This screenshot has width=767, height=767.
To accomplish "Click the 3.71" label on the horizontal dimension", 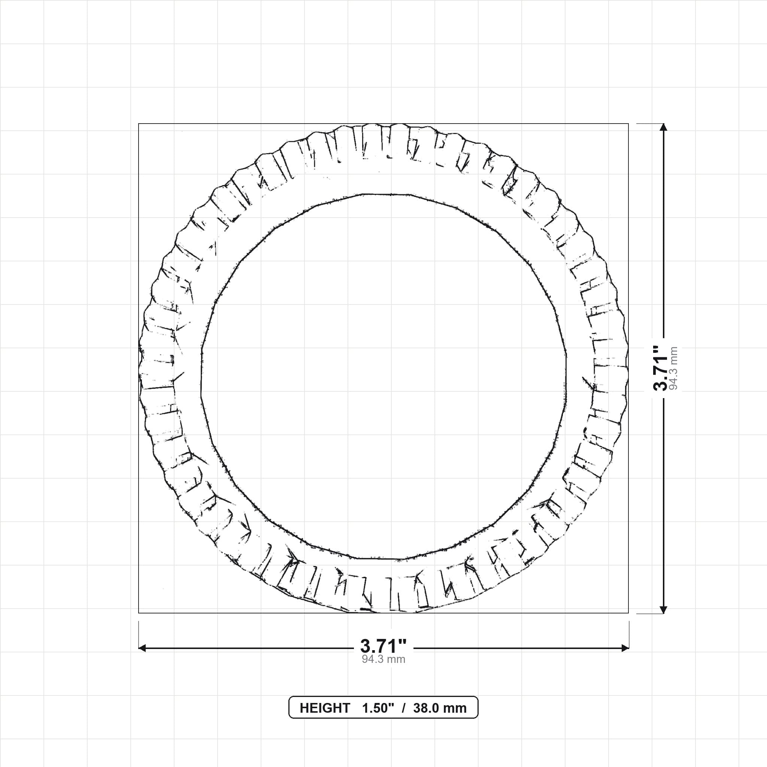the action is click(383, 646).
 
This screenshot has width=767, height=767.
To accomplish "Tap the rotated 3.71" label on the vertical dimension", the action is click(661, 368).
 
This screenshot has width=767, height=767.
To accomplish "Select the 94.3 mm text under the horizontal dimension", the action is click(383, 660).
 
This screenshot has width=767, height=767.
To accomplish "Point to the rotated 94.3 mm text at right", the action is click(673, 368).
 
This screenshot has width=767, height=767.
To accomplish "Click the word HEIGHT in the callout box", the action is click(325, 708).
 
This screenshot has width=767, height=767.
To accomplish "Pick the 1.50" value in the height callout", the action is click(378, 708).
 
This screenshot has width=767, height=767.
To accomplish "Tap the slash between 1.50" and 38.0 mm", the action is click(404, 708).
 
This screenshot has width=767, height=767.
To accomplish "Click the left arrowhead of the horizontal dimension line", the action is click(142, 648).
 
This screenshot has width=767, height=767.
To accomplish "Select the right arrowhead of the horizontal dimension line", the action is click(625, 648).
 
